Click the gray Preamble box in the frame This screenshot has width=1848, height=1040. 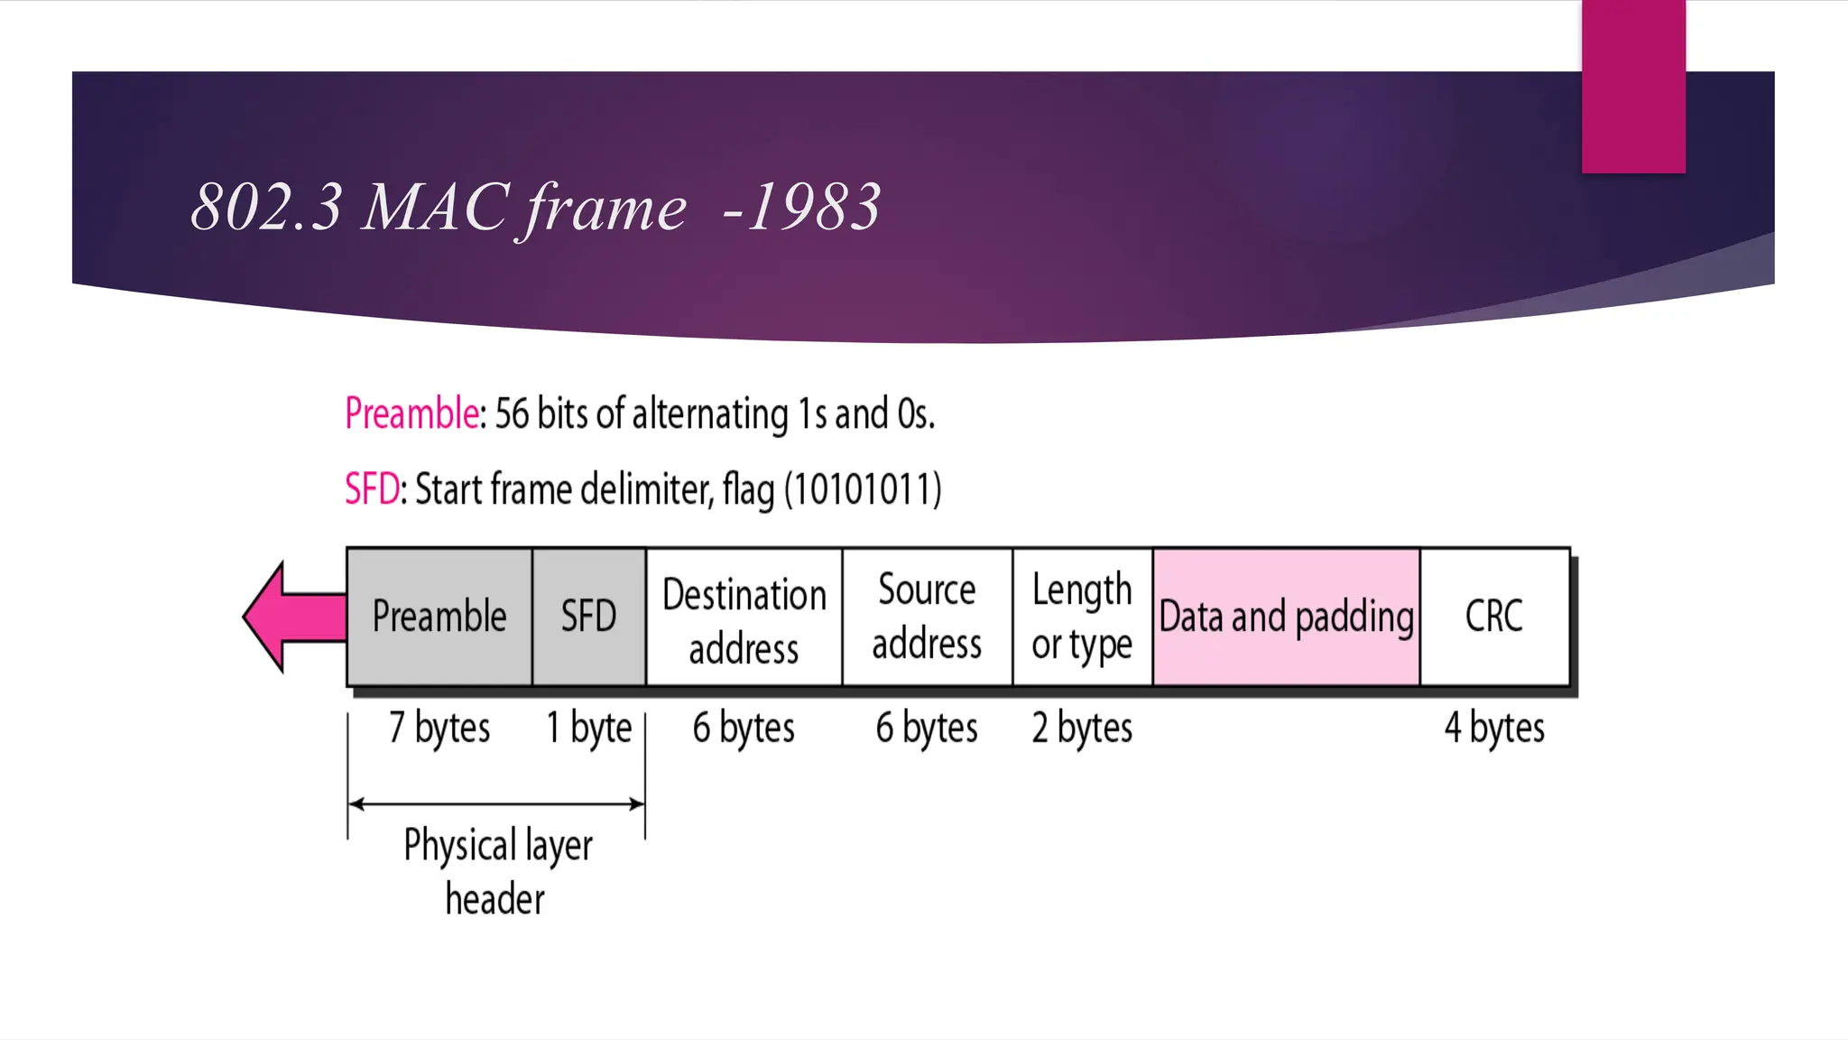[x=439, y=617]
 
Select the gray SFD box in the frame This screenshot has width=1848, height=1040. [x=588, y=617]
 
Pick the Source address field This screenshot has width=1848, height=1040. [x=927, y=617]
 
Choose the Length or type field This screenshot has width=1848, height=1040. [x=1082, y=617]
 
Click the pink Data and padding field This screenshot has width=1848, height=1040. [x=1286, y=617]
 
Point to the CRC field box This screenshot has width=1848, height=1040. [x=1494, y=617]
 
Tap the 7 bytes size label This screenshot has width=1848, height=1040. [x=439, y=728]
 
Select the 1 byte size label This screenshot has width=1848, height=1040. [x=588, y=728]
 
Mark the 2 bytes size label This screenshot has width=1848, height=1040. [x=1082, y=728]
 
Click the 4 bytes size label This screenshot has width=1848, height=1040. [x=1494, y=728]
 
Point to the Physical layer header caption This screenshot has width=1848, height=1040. [x=497, y=872]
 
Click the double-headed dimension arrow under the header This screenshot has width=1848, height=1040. [x=496, y=803]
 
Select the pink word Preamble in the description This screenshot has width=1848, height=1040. [x=411, y=413]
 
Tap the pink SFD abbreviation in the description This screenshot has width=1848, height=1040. [x=372, y=489]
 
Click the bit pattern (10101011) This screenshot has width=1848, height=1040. [x=863, y=489]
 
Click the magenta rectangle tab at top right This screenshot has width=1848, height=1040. [x=1633, y=86]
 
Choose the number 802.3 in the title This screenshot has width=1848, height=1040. [x=267, y=208]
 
